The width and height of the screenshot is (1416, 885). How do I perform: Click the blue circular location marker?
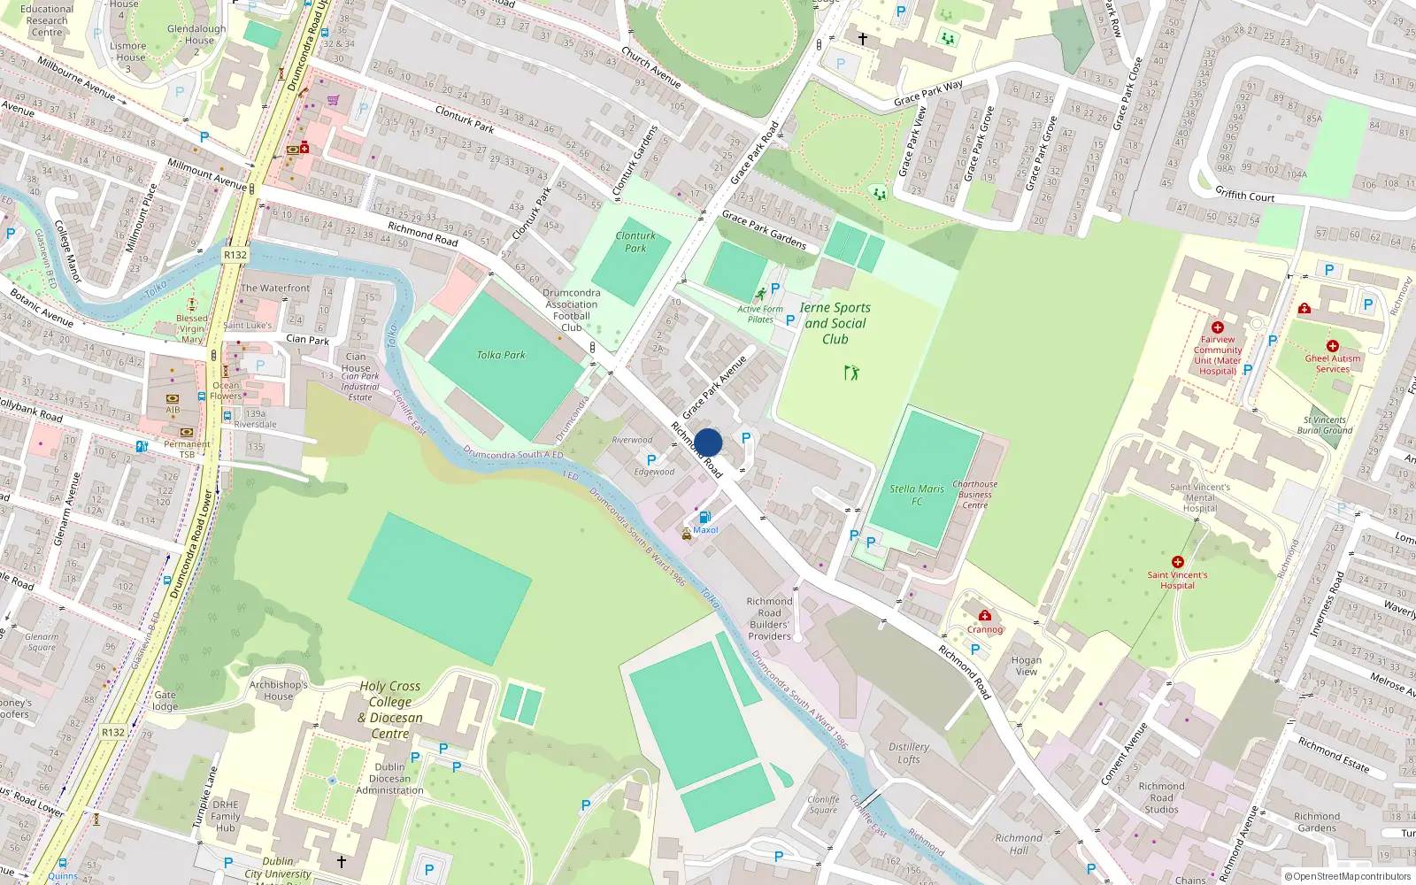(708, 442)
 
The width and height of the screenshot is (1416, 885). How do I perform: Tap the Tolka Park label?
(501, 355)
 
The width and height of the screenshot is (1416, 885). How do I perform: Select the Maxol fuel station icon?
(704, 517)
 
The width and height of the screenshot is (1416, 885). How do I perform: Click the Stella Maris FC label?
(917, 495)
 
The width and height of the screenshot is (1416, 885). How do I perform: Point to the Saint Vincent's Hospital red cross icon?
(1177, 562)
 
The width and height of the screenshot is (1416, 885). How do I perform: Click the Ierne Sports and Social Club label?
(835, 323)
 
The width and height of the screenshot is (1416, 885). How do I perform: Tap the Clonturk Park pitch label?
(635, 242)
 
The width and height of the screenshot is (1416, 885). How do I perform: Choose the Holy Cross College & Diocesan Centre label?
(390, 710)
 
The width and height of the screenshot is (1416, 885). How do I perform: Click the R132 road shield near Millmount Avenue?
(235, 255)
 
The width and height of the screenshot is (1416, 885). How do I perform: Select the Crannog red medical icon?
(984, 616)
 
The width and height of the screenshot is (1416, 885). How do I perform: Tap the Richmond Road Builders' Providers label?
(769, 618)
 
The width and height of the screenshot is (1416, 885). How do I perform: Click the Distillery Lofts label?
(909, 753)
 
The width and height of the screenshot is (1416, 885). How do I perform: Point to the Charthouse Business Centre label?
(974, 495)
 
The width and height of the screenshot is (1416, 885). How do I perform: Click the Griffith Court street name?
(1244, 195)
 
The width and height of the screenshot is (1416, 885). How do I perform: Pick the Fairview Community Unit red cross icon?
(1218, 327)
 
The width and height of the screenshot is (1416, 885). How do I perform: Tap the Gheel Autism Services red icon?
(1332, 346)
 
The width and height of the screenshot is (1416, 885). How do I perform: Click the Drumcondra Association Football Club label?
(571, 310)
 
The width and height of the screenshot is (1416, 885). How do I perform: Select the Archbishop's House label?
(278, 690)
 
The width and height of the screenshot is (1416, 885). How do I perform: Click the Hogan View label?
(1027, 666)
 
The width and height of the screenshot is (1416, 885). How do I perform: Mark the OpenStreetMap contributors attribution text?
(1348, 876)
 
